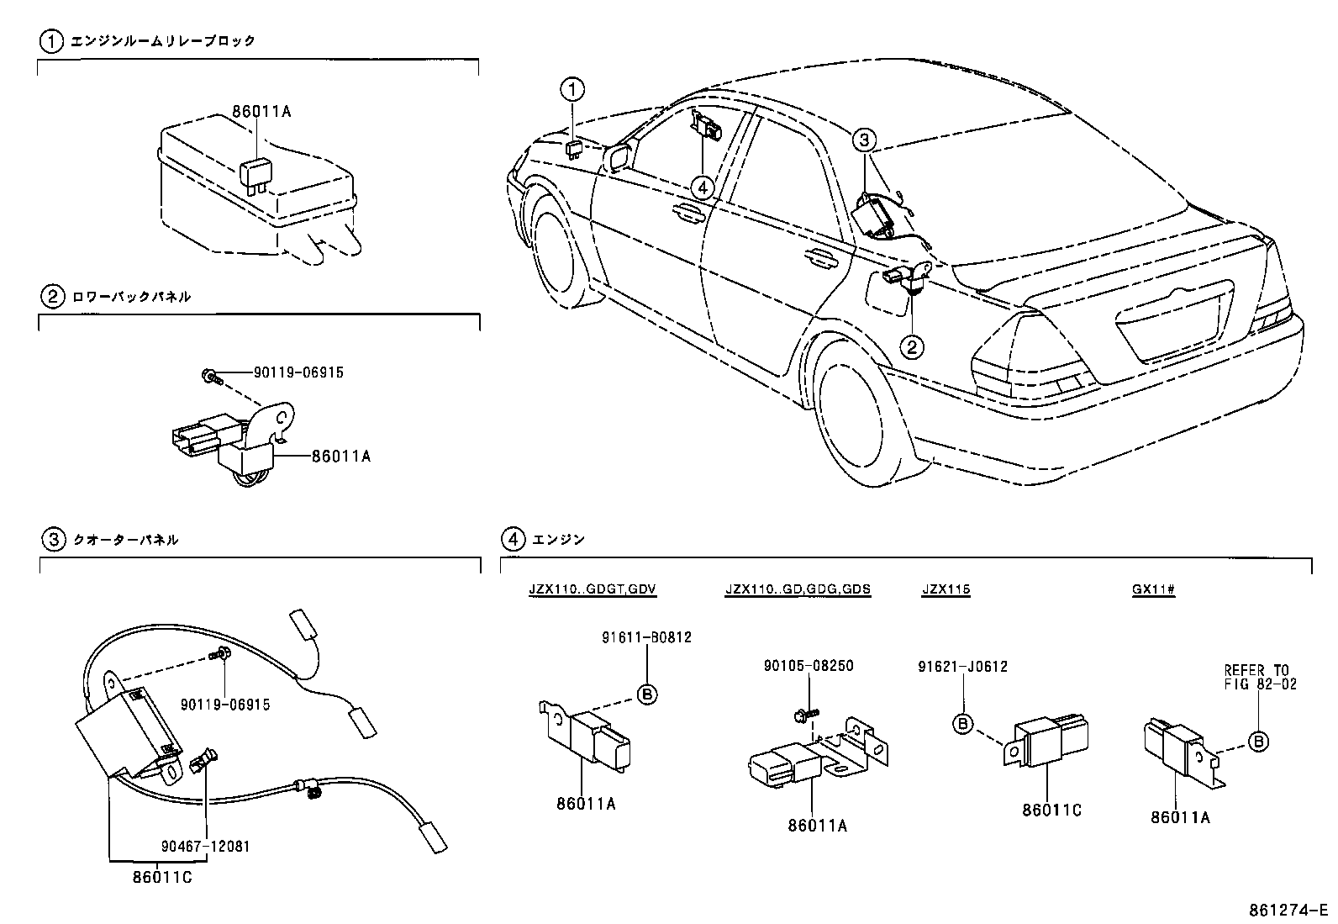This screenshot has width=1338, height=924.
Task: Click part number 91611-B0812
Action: pos(646,637)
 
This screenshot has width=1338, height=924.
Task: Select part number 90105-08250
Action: pos(808,665)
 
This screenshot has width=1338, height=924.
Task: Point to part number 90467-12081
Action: pos(205,846)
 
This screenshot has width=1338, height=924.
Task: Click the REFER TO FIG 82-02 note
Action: pos(1259,677)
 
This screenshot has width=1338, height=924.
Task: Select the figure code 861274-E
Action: pos(1288,911)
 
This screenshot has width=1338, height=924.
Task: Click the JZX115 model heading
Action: pos(946,589)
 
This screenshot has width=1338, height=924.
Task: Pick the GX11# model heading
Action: pos(1152,589)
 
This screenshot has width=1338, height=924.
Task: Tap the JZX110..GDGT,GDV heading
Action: pos(592,589)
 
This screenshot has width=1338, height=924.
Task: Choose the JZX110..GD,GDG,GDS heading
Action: pos(798,589)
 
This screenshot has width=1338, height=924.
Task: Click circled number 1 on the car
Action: pos(572,89)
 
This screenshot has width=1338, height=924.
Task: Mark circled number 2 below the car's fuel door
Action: pos(912,346)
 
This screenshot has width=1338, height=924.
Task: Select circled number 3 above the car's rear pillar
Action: pos(866,140)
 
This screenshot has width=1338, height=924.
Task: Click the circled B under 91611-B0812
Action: pos(647,694)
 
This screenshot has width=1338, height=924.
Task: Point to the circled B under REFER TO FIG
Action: pos(1258,741)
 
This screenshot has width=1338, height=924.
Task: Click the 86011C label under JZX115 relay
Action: pos(1051,810)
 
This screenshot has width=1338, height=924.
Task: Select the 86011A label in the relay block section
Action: pos(261,111)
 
